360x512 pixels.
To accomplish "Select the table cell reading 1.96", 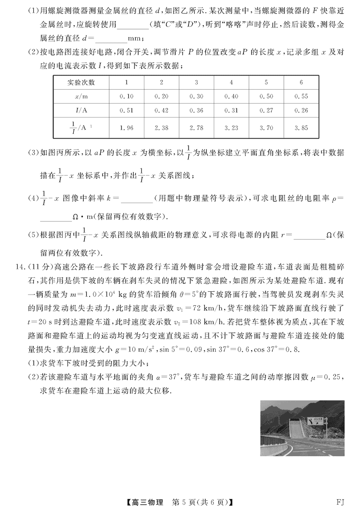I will click(126, 127).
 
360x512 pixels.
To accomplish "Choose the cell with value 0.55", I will click(301, 96).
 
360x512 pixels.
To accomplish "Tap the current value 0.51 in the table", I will click(126, 110).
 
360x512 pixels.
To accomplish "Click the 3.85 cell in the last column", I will click(301, 127).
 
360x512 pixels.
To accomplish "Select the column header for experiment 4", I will click(231, 82).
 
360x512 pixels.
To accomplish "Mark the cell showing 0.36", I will click(196, 110).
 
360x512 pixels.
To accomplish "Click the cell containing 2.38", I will click(161, 127).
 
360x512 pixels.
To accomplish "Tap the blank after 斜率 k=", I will click(134, 198).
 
